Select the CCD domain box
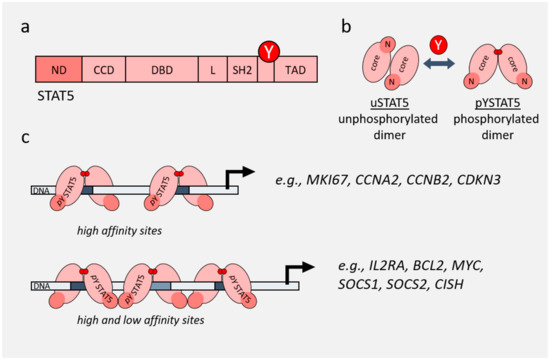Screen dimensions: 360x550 pos(102,70)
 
